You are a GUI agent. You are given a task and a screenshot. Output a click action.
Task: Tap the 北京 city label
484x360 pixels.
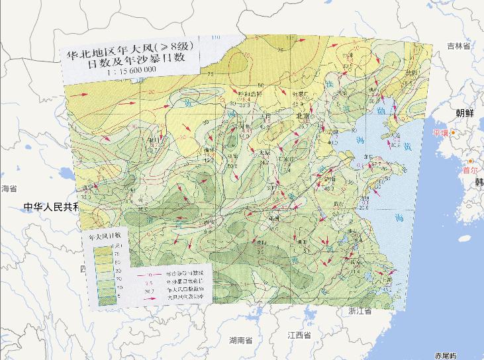(304, 114)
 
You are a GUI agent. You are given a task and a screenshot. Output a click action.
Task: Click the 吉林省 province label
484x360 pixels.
(458, 46)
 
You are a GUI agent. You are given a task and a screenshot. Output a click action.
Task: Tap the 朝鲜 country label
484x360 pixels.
(465, 113)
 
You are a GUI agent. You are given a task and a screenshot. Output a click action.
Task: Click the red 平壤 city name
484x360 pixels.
(441, 133)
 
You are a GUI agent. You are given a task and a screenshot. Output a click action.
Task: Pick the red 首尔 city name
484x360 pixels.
(471, 170)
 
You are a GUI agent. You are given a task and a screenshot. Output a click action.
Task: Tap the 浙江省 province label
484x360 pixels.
(362, 310)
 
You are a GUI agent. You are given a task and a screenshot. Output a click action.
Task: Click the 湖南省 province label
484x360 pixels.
(241, 341)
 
